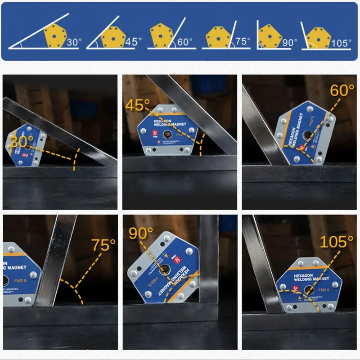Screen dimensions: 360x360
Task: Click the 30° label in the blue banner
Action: click(74, 43)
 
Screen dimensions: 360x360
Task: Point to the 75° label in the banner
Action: click(243, 41)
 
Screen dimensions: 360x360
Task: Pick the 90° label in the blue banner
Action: click(290, 43)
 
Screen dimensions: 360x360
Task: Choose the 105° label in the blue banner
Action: click(341, 43)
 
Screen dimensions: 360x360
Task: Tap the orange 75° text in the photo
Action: click(103, 245)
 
